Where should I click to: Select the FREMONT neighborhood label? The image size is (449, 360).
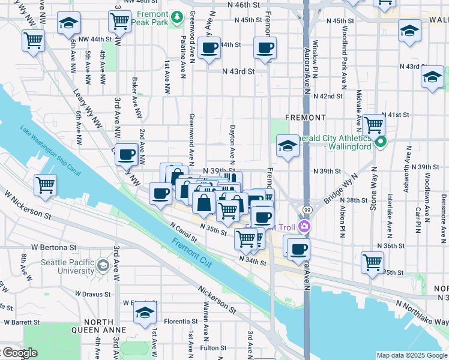(306, 118)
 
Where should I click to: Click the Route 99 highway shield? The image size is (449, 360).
(307, 210)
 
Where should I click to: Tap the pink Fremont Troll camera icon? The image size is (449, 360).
(304, 226)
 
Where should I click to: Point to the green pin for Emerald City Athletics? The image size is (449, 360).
(380, 143)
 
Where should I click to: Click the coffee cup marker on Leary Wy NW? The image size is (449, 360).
(126, 155)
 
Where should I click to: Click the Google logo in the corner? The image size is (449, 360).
(19, 353)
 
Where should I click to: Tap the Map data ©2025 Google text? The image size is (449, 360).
(411, 355)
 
